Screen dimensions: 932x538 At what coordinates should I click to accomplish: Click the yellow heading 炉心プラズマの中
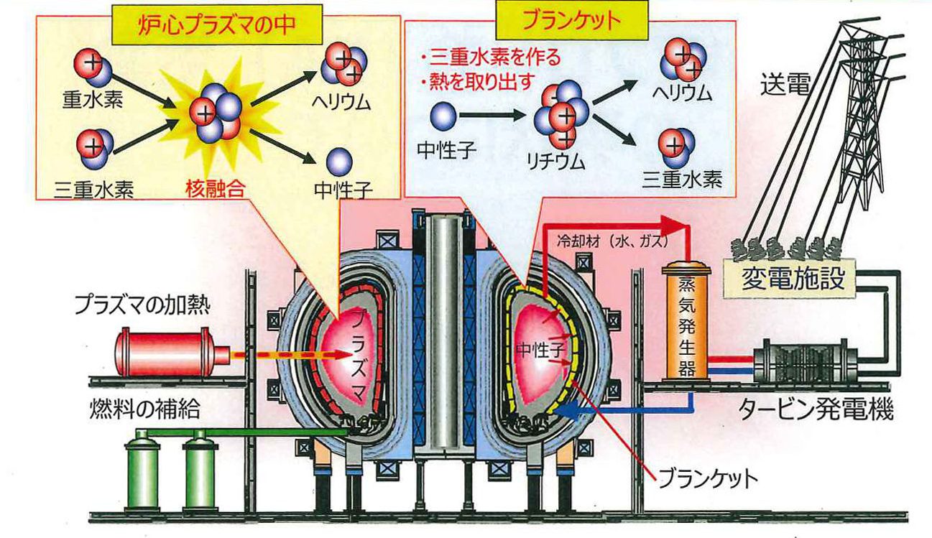click(x=217, y=24)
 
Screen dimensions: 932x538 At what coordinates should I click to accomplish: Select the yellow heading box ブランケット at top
click(x=572, y=20)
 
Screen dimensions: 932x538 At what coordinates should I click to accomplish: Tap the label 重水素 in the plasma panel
click(x=93, y=100)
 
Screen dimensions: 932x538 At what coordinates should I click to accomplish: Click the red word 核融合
click(x=215, y=189)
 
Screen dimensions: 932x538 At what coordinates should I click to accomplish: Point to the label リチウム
click(x=556, y=162)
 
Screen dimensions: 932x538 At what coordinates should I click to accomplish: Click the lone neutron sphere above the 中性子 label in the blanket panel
click(x=443, y=116)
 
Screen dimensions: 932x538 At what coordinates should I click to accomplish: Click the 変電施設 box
click(x=789, y=278)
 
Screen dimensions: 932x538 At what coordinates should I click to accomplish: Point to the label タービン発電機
click(x=816, y=409)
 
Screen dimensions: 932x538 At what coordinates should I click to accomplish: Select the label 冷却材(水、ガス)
click(x=612, y=241)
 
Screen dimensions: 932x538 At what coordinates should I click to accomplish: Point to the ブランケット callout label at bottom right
click(x=708, y=479)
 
